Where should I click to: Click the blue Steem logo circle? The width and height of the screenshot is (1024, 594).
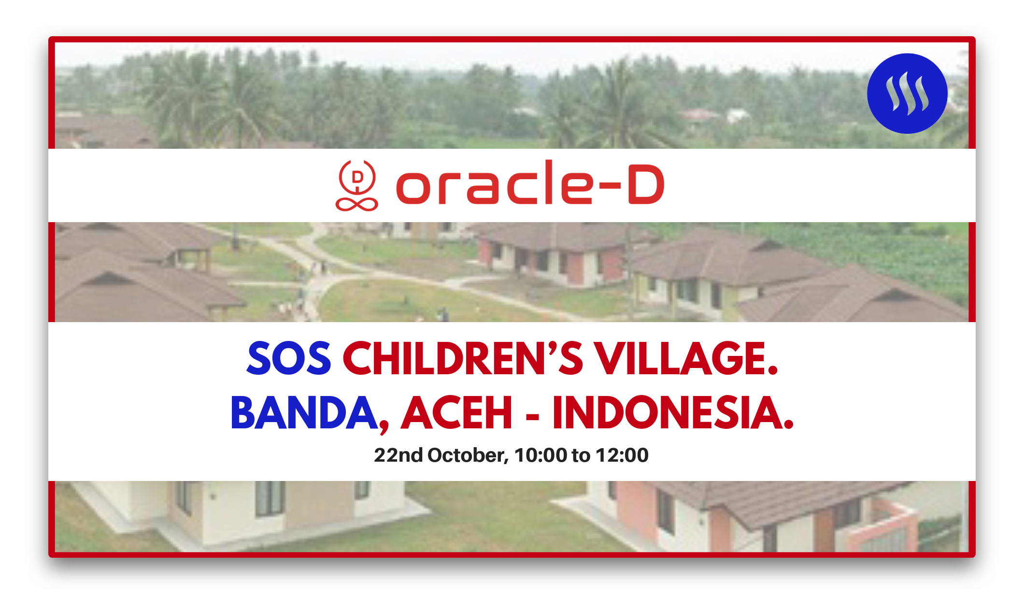pos(907,93)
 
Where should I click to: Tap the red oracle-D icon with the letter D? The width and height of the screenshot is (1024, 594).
pos(357,185)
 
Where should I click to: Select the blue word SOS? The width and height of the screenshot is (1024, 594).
pos(289,358)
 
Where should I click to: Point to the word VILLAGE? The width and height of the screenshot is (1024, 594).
pos(686,358)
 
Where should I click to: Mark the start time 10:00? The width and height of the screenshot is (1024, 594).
pos(540,455)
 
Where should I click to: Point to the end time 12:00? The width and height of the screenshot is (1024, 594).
pos(622,455)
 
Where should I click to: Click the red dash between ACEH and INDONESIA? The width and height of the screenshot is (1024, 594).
pos(532,415)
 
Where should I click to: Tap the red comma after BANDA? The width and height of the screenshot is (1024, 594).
pos(384,425)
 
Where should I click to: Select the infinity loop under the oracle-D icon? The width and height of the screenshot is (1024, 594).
pos(357,204)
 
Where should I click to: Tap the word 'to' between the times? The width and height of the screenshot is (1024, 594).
pos(581,455)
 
